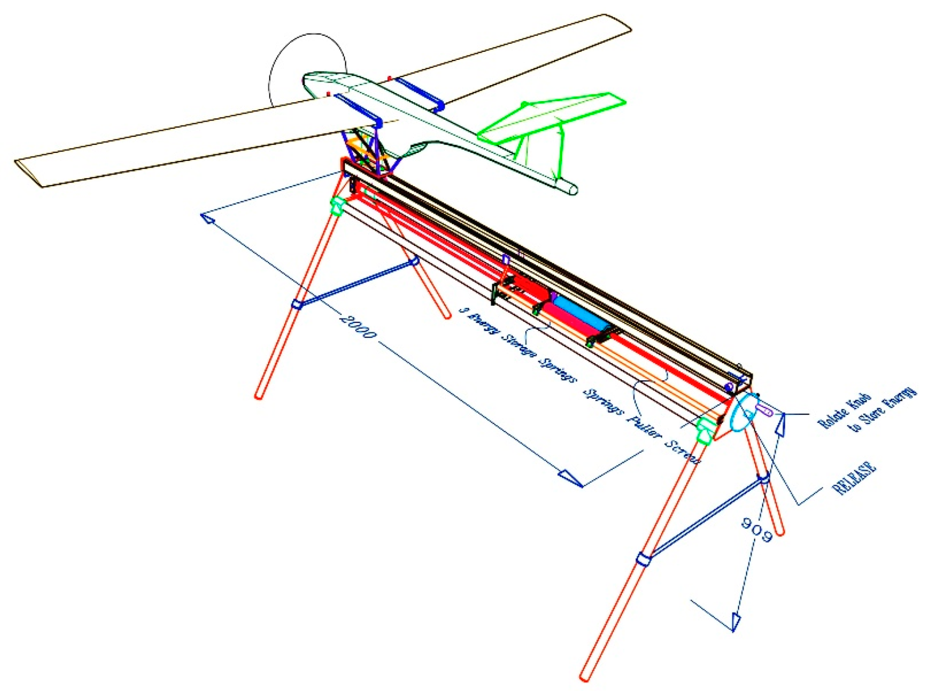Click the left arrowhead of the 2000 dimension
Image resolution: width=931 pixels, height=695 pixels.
(x=208, y=218)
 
